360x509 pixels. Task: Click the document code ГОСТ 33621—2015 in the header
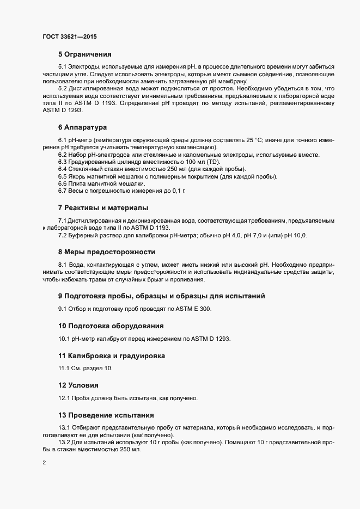click(x=71, y=36)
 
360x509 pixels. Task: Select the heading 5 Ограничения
click(x=84, y=54)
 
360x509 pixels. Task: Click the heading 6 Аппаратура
click(x=82, y=127)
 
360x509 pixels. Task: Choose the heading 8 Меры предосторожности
click(x=107, y=252)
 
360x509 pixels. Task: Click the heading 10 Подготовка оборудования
click(x=111, y=326)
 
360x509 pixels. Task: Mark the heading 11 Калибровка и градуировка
click(x=111, y=355)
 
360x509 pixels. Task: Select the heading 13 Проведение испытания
click(x=106, y=414)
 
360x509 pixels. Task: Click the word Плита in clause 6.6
click(x=78, y=184)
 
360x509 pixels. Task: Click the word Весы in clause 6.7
click(x=77, y=191)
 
